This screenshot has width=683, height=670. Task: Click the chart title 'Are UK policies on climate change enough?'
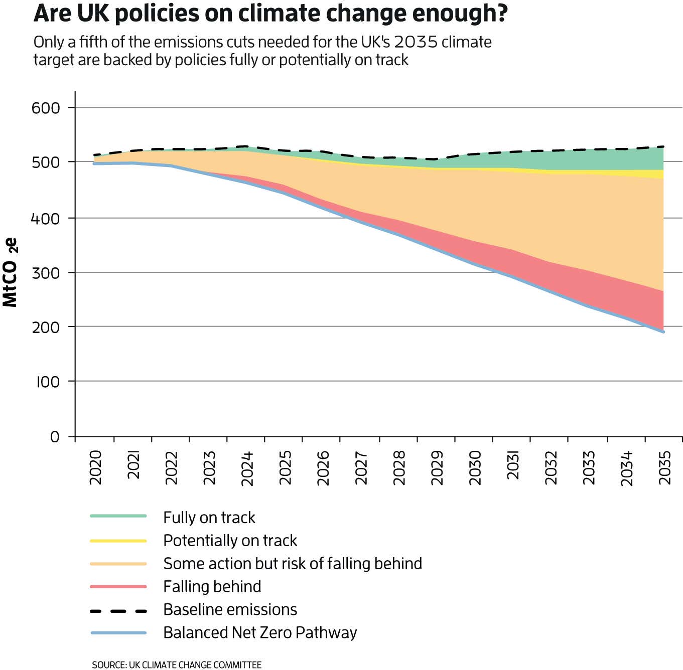coord(270,14)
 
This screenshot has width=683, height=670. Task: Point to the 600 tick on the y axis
coord(46,108)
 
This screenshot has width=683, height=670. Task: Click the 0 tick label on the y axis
coord(55,437)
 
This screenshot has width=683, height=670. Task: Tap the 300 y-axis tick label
coord(46,273)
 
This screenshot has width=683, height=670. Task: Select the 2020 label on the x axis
coord(95,467)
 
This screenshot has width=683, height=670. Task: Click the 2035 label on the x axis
coord(664,467)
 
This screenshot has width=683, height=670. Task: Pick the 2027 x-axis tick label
coord(361,467)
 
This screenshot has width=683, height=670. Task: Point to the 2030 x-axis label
coord(475,467)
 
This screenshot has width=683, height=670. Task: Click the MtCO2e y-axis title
coord(10,272)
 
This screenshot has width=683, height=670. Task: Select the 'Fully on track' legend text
coord(209,518)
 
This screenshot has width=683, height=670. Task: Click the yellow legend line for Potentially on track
coord(118,541)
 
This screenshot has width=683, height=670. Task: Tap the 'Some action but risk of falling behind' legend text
coord(292,564)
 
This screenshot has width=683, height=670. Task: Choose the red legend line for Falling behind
coord(118,586)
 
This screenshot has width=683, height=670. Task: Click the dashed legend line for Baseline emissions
coord(118,610)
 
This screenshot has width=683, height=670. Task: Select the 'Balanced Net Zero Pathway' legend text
coord(259,632)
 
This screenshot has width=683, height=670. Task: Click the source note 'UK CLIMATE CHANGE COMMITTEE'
coord(195,665)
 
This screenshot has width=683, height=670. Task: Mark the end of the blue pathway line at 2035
coord(663,331)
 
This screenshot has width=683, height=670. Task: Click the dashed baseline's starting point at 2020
coord(95,155)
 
